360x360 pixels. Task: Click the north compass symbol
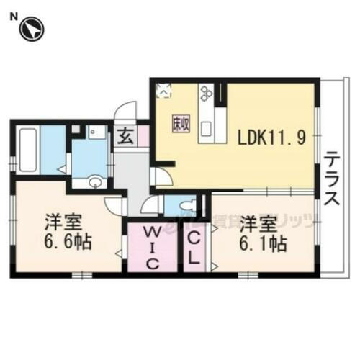click(32, 30)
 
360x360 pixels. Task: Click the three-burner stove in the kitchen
click(207, 92)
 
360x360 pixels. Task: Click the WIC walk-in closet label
click(152, 247)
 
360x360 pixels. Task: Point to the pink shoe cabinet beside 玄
click(143, 135)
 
